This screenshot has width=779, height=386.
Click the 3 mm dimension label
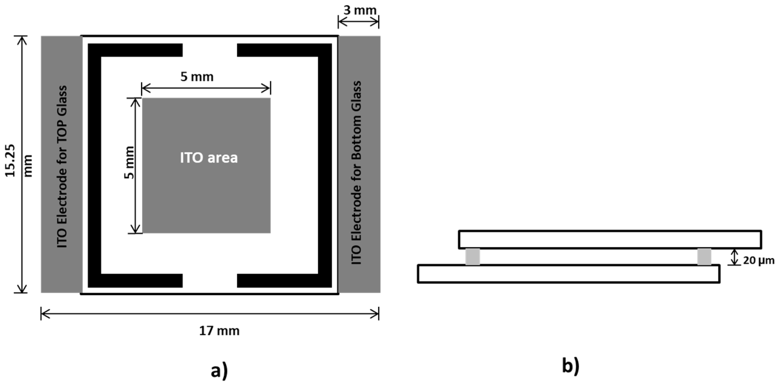click(x=360, y=10)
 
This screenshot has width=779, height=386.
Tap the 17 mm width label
click(x=219, y=331)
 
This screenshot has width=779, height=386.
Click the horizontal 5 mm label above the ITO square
click(x=197, y=77)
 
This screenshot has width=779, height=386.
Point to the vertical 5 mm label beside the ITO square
click(x=129, y=163)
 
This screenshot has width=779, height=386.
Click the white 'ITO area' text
click(x=209, y=158)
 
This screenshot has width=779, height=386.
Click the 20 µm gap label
click(x=758, y=260)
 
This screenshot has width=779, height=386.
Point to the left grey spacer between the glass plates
click(x=472, y=256)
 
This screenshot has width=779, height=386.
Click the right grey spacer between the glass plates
click(x=704, y=256)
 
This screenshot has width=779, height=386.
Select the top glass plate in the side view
click(x=609, y=239)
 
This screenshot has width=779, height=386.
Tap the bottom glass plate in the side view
click(x=568, y=274)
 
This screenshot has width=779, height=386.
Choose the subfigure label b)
click(x=570, y=366)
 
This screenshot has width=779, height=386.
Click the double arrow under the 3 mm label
click(x=358, y=22)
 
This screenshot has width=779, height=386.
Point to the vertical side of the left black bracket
click(x=94, y=165)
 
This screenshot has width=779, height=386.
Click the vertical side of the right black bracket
click(x=325, y=165)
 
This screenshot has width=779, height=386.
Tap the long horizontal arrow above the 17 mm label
click(x=210, y=314)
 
